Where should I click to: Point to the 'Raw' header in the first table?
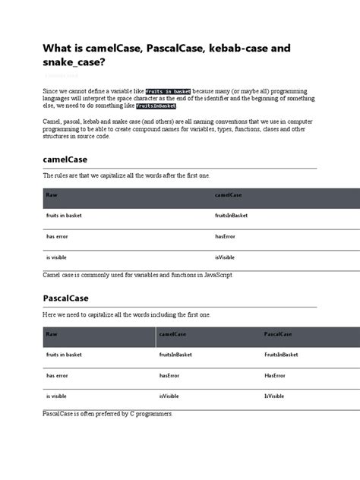click(x=52, y=195)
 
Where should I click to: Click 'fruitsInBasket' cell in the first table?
click(x=232, y=216)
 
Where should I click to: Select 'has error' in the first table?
click(x=58, y=236)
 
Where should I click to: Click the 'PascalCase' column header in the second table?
click(x=279, y=334)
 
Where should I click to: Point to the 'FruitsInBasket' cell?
click(x=281, y=355)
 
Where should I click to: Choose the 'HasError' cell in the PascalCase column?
click(x=275, y=375)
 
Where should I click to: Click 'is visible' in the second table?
click(x=58, y=396)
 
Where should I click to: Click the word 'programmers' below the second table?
click(x=154, y=414)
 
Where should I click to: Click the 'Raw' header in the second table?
click(x=52, y=334)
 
